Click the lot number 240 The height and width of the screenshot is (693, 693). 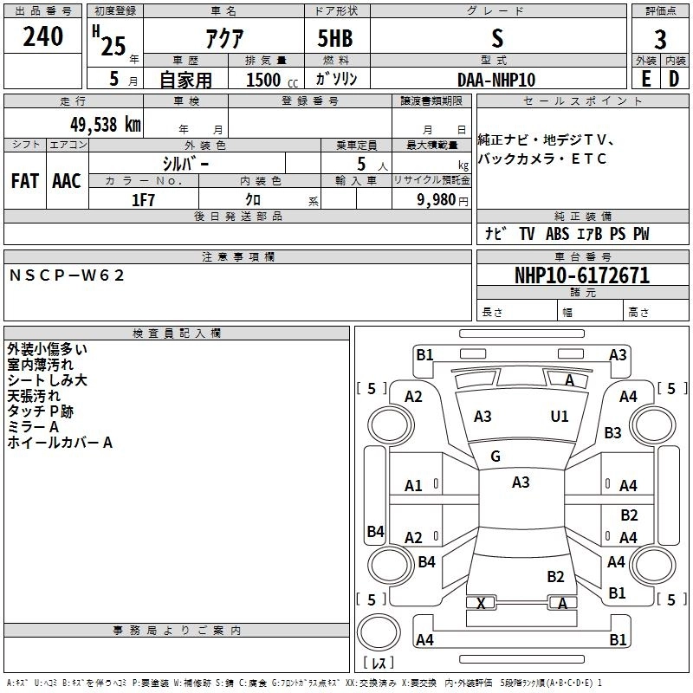point(43,36)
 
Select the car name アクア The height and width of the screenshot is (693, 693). point(223,39)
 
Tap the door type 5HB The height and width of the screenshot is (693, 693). point(336,39)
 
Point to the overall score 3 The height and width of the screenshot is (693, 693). point(660,40)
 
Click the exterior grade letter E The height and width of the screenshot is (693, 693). point(645,79)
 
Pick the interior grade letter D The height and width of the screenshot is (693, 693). point(674,79)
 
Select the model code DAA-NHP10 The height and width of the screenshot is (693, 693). point(496,80)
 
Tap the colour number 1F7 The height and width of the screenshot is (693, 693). point(143,199)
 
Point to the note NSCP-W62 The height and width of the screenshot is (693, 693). point(68,275)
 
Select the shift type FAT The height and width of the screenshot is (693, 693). point(24,181)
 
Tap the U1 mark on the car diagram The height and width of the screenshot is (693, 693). point(560,417)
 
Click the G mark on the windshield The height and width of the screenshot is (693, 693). point(495,456)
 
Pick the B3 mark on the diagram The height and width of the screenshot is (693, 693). point(613,432)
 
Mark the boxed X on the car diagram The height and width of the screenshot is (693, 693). point(481,603)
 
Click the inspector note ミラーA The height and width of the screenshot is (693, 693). point(33,427)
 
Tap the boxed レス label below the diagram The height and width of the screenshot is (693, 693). point(378,664)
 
